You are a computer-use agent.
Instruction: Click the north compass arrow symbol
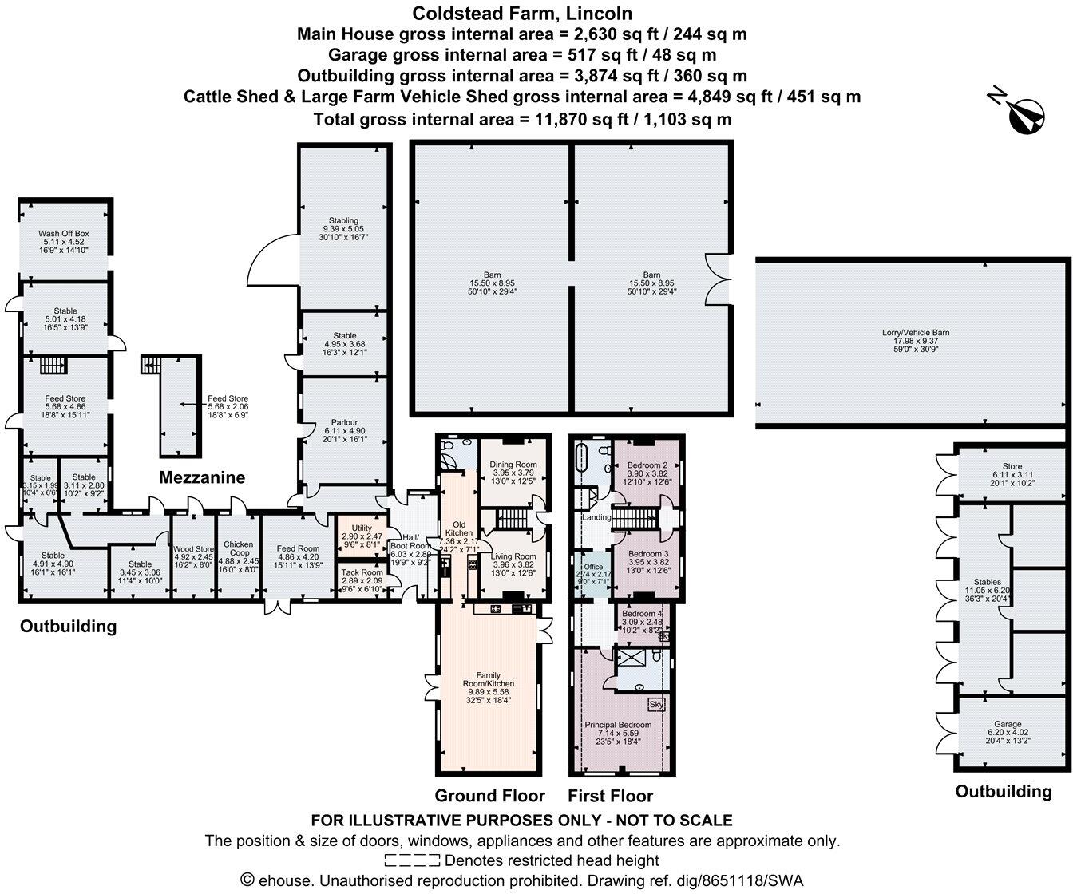point(1025,113)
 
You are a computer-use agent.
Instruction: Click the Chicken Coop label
point(238,548)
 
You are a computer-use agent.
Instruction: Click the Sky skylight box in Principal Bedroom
point(656,705)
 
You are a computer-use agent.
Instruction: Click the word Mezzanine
point(202,477)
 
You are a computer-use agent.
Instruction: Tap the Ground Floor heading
point(489,796)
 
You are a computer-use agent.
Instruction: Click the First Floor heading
point(610,796)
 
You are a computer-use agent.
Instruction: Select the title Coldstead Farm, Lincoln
point(522,13)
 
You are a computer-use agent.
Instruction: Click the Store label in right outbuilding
point(1012,467)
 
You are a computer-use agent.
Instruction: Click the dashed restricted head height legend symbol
point(412,860)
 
